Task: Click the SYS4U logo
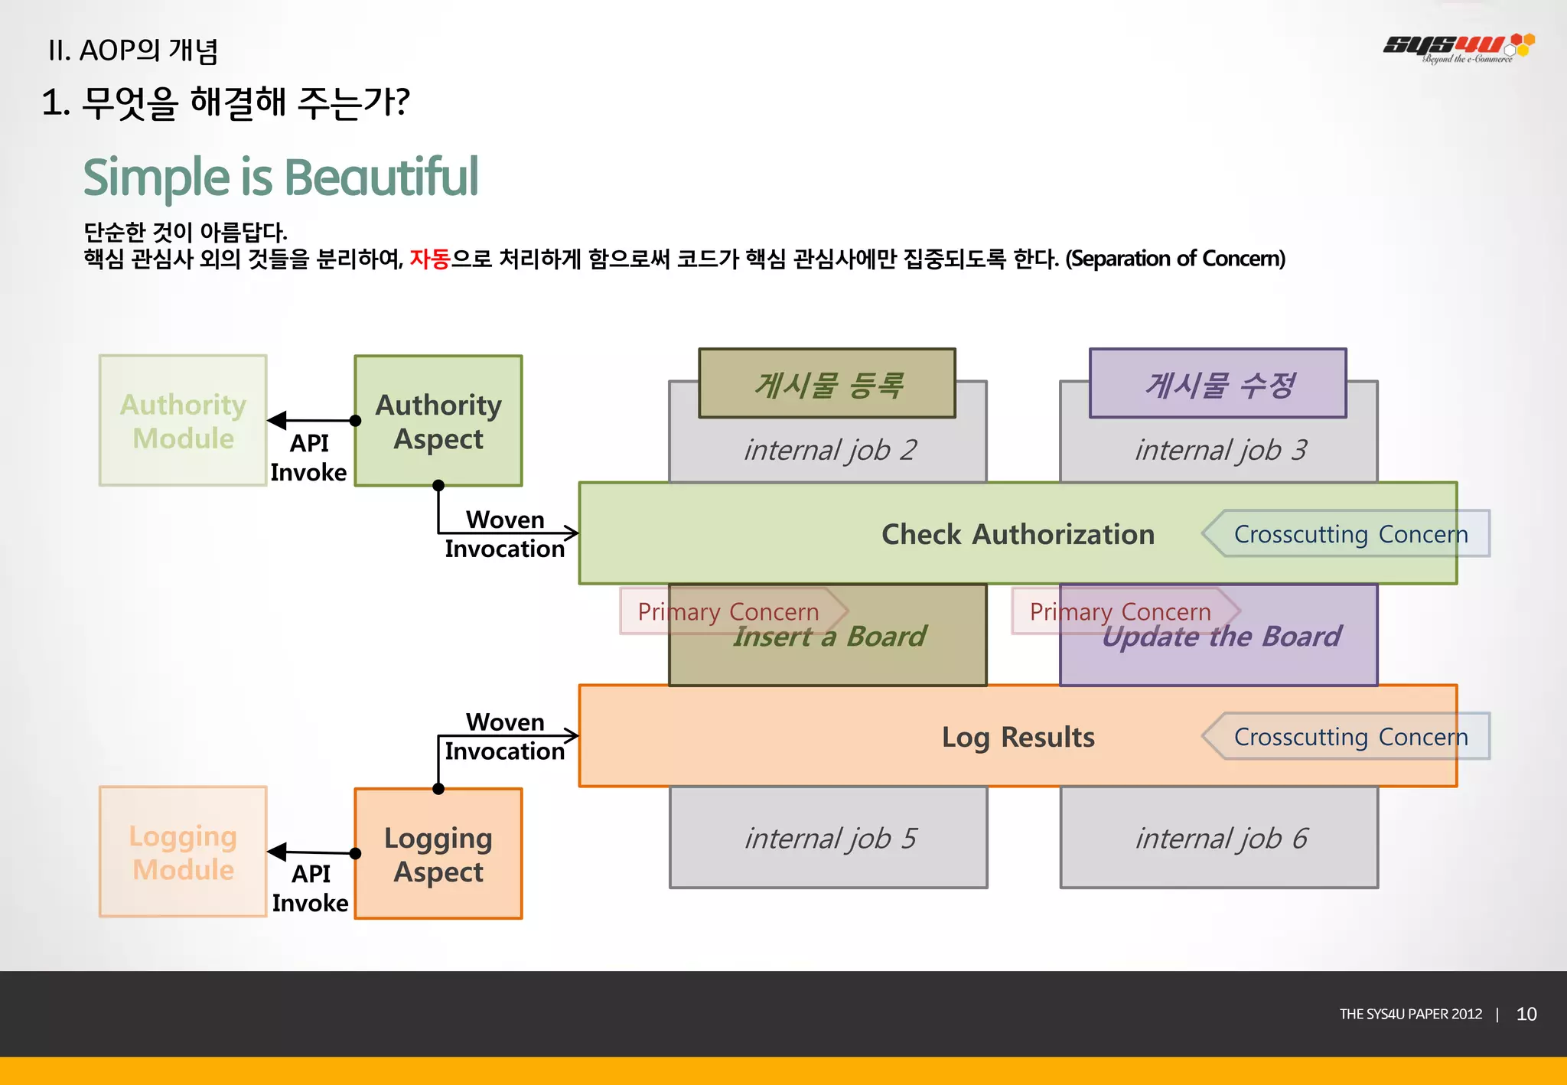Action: (x=1458, y=47)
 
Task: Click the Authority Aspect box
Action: (x=438, y=421)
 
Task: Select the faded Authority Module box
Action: (x=183, y=421)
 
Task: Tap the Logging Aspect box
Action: (x=438, y=854)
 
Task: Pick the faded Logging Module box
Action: (x=183, y=852)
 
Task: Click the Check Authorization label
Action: (x=1018, y=534)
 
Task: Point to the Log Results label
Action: (x=1018, y=737)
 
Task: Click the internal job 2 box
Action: (x=829, y=450)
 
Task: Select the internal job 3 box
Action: (x=1220, y=450)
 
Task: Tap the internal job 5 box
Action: (x=829, y=838)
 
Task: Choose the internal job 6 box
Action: (x=1220, y=838)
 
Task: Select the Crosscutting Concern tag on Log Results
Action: (x=1350, y=737)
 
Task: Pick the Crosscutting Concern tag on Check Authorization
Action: (x=1350, y=534)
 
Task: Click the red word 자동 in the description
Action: (x=429, y=259)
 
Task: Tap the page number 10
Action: (x=1526, y=1014)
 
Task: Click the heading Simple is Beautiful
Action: (x=280, y=177)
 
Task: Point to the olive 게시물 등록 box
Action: (x=827, y=384)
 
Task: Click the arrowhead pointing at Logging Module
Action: (x=278, y=851)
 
